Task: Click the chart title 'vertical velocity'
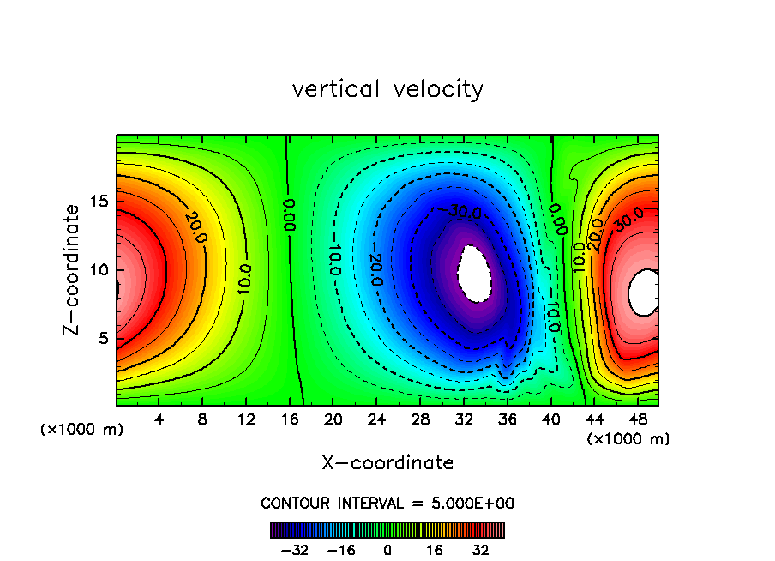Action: (x=387, y=89)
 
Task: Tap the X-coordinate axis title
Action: (x=387, y=463)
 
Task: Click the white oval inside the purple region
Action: (x=474, y=272)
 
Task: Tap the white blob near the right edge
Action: (x=644, y=291)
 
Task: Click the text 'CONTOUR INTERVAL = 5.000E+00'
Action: (x=387, y=503)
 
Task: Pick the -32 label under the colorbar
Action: (x=296, y=549)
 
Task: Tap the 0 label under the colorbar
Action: (x=387, y=549)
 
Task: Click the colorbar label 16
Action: (x=436, y=549)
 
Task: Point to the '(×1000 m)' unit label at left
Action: (x=82, y=430)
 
